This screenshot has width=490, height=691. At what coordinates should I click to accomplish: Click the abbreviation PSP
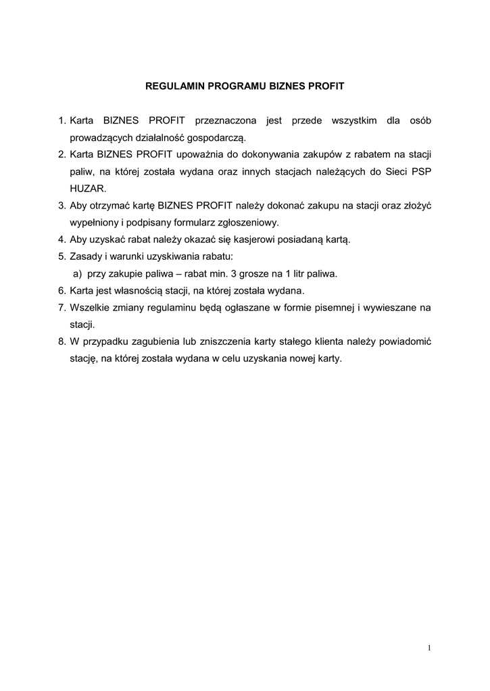pyautogui.click(x=420, y=171)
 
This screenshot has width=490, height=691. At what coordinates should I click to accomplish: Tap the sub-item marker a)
pyautogui.click(x=77, y=273)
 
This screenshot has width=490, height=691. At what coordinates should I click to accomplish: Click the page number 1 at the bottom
pyautogui.click(x=429, y=648)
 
